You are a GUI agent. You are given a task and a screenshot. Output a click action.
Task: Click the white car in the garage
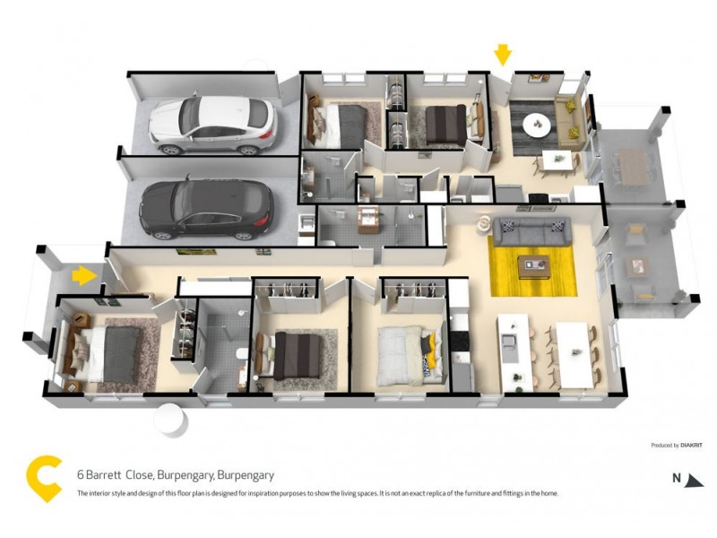pyautogui.click(x=212, y=124)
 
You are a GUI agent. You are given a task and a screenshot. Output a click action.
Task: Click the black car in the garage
pyautogui.click(x=206, y=208)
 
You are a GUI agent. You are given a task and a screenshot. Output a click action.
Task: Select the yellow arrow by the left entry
pyautogui.click(x=83, y=274)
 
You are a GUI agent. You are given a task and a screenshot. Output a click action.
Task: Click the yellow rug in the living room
pyautogui.click(x=531, y=265)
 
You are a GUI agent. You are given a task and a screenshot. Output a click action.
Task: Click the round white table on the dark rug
pyautogui.click(x=538, y=124)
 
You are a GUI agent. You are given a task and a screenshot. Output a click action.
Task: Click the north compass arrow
pyautogui.click(x=694, y=480)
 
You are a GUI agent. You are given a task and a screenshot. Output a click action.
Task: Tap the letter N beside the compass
pyautogui.click(x=677, y=478)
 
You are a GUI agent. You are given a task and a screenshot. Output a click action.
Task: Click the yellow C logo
pyautogui.click(x=43, y=479)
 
